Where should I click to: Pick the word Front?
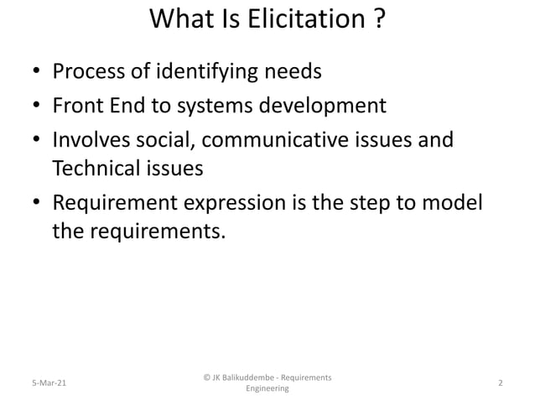point(80,107)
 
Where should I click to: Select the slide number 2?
point(500,383)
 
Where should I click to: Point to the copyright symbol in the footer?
point(206,377)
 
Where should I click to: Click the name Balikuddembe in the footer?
point(251,377)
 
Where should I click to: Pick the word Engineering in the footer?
point(267,389)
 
